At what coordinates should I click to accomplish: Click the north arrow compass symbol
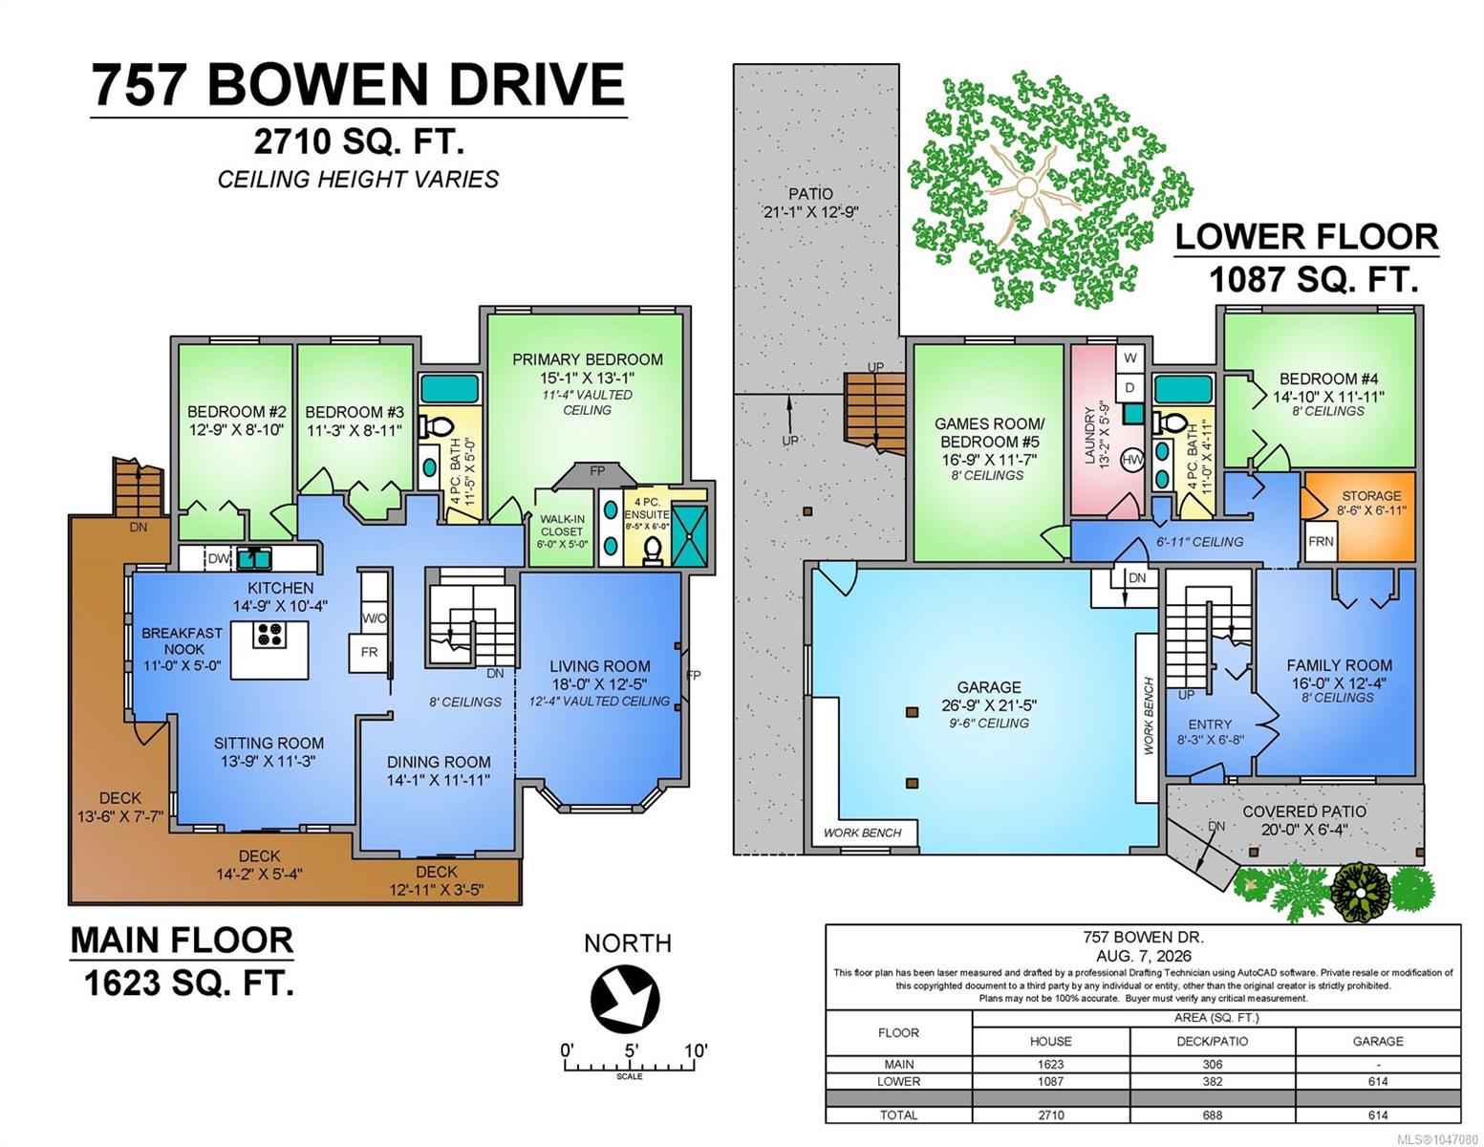click(625, 999)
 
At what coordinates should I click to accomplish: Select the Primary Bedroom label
click(588, 359)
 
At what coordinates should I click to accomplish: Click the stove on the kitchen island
click(269, 635)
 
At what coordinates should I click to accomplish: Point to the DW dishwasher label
click(218, 558)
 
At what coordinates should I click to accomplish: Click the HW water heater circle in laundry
click(1132, 461)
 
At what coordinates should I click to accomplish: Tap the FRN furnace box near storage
click(1321, 542)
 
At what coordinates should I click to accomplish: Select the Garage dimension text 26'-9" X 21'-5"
click(988, 705)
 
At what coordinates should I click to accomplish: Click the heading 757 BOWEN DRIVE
click(357, 85)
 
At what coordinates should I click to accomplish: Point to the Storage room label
click(1371, 496)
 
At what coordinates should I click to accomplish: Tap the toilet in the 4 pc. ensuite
click(653, 551)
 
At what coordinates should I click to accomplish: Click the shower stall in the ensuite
click(691, 535)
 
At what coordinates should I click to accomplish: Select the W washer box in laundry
click(1130, 358)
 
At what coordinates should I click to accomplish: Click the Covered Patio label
click(1304, 812)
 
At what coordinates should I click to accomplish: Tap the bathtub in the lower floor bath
click(1183, 389)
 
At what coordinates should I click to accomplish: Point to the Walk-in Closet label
click(562, 526)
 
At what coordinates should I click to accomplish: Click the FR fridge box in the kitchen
click(370, 653)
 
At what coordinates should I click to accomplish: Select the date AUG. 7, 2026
click(1143, 956)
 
